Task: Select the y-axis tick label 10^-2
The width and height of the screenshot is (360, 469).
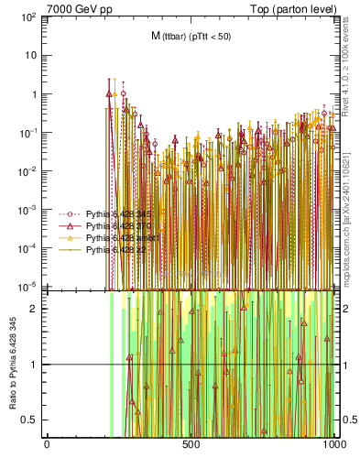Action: click(27, 171)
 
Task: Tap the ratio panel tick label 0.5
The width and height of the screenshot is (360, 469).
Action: click(32, 420)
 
